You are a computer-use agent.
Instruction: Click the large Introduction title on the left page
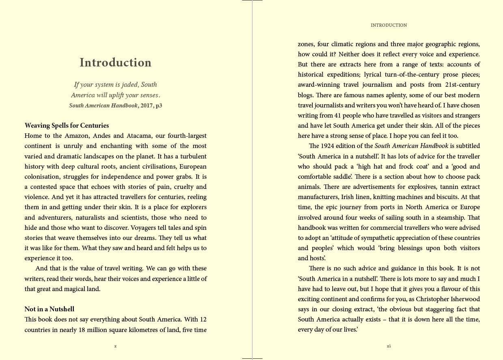pos(115,62)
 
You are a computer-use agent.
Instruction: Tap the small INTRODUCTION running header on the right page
pos(389,25)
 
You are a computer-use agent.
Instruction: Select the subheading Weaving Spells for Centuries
pos(67,125)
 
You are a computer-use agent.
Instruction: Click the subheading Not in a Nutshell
pos(49,309)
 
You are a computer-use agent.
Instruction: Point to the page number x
pos(116,346)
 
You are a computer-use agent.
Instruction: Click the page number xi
pos(389,346)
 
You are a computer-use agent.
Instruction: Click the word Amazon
pos(77,136)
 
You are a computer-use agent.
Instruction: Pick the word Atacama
pos(140,136)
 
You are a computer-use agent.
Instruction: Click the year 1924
pos(327,146)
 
